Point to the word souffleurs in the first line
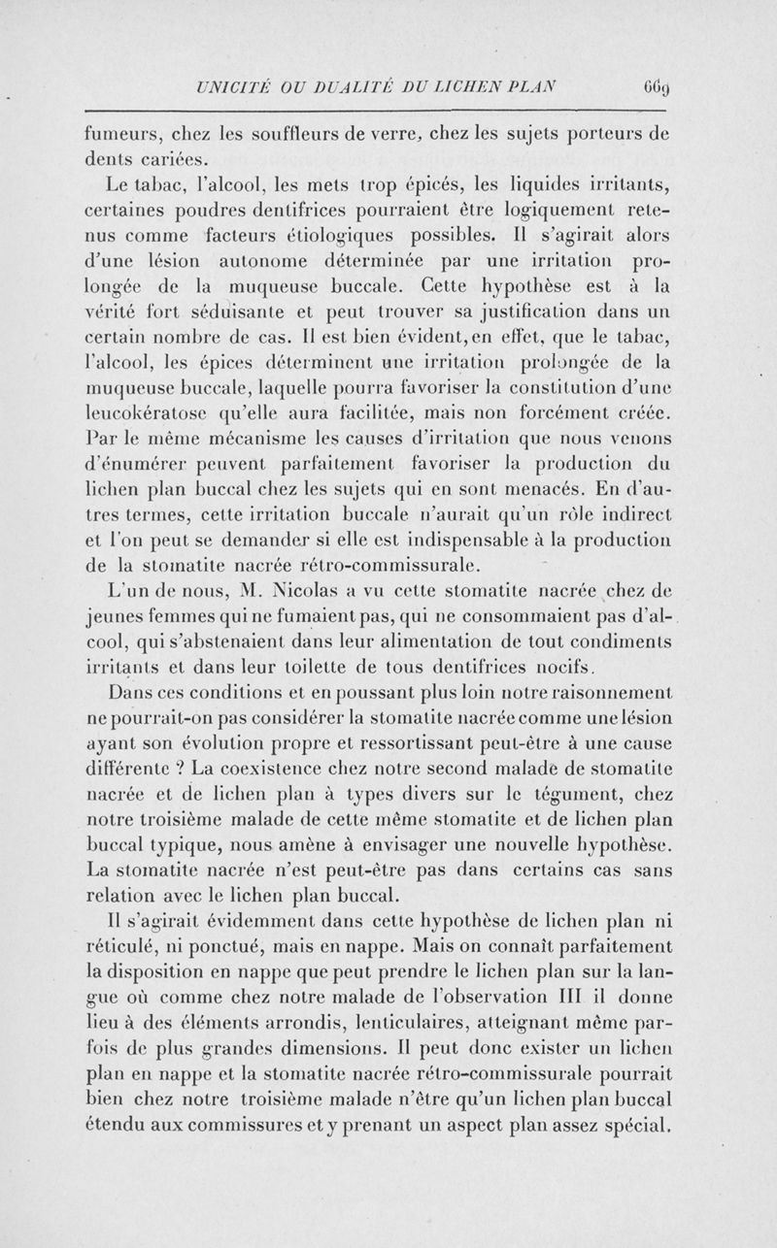[289, 133]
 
